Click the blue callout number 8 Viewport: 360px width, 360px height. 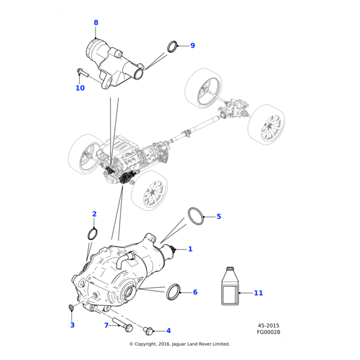point(95,23)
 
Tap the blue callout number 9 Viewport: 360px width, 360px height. point(193,46)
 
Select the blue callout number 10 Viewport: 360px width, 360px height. point(80,88)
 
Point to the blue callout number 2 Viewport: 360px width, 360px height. point(94,214)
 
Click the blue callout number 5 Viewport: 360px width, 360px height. point(218,217)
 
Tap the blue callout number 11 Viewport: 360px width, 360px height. point(258,293)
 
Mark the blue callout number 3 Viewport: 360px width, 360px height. point(72,325)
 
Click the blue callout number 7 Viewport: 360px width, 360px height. point(106,325)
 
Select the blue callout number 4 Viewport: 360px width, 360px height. point(169,331)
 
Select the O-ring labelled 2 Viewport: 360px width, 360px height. point(93,233)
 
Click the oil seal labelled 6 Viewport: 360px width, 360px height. point(173,291)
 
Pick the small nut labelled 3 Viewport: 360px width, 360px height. point(71,308)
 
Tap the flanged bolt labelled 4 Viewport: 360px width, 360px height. point(148,330)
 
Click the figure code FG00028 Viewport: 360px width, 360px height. point(268,332)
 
